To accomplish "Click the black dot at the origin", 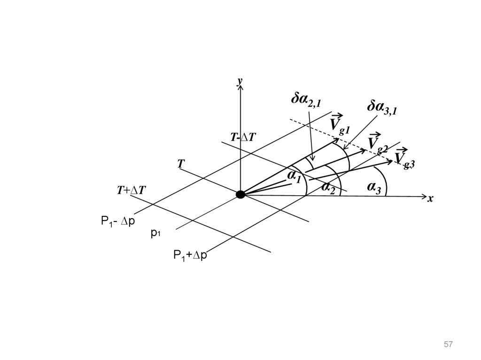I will coord(240,194).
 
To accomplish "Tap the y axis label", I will coord(240,82).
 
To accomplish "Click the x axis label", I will coord(429,199).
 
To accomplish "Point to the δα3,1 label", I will coord(382,108).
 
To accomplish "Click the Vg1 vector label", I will coord(339,124).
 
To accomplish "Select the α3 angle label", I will coord(374,187).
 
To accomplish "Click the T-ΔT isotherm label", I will coord(243,137).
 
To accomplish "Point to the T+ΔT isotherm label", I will coord(132,190).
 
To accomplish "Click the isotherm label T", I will coord(181,164).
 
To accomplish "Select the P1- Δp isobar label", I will coord(118,221).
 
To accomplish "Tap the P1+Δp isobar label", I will coord(190,256).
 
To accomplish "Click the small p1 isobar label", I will coord(155,233).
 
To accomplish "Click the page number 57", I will coord(448,345).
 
